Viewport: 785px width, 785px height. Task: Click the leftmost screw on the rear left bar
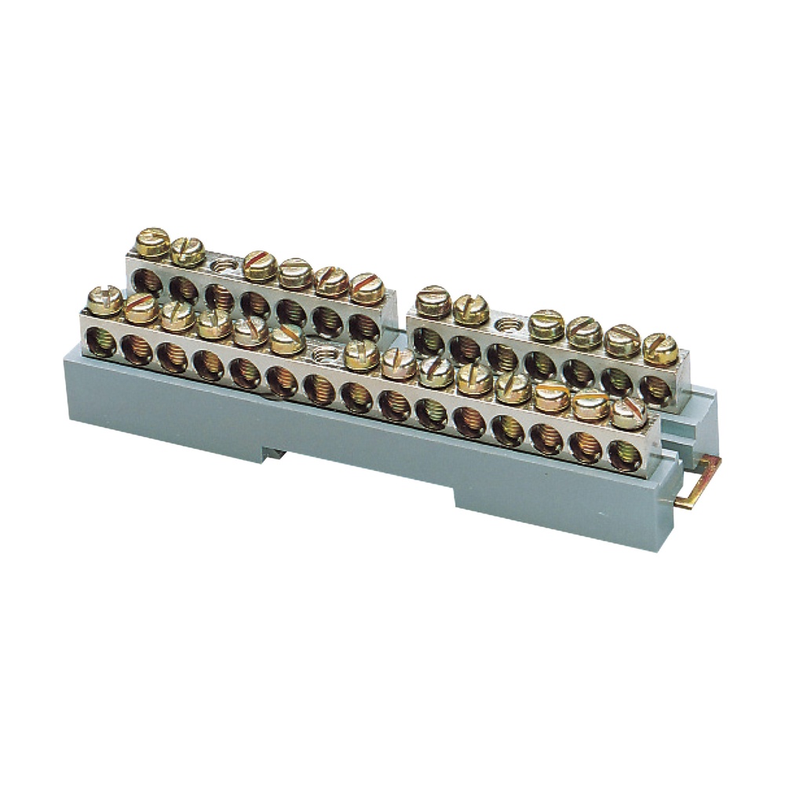152,243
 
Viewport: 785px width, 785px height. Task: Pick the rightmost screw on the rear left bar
367,288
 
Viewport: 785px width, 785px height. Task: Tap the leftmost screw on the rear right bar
433,301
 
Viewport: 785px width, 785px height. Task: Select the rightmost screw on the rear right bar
660,349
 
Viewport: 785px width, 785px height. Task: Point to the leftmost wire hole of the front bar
100,343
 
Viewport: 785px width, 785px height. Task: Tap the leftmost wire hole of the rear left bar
146,280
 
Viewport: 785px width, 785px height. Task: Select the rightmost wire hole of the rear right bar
655,389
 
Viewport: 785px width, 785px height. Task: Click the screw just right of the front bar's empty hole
361,354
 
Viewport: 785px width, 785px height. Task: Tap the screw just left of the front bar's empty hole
287,339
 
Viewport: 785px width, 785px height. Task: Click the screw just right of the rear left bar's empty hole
260,266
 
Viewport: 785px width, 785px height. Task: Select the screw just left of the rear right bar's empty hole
471,309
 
